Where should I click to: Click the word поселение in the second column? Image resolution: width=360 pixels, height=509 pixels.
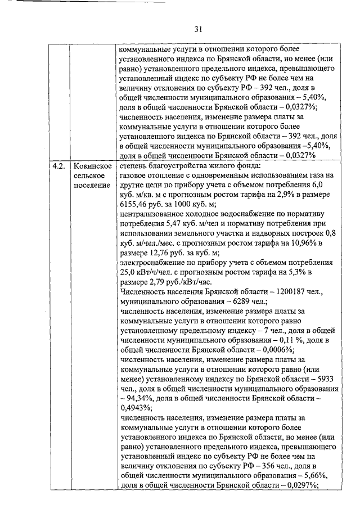(x=92, y=186)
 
